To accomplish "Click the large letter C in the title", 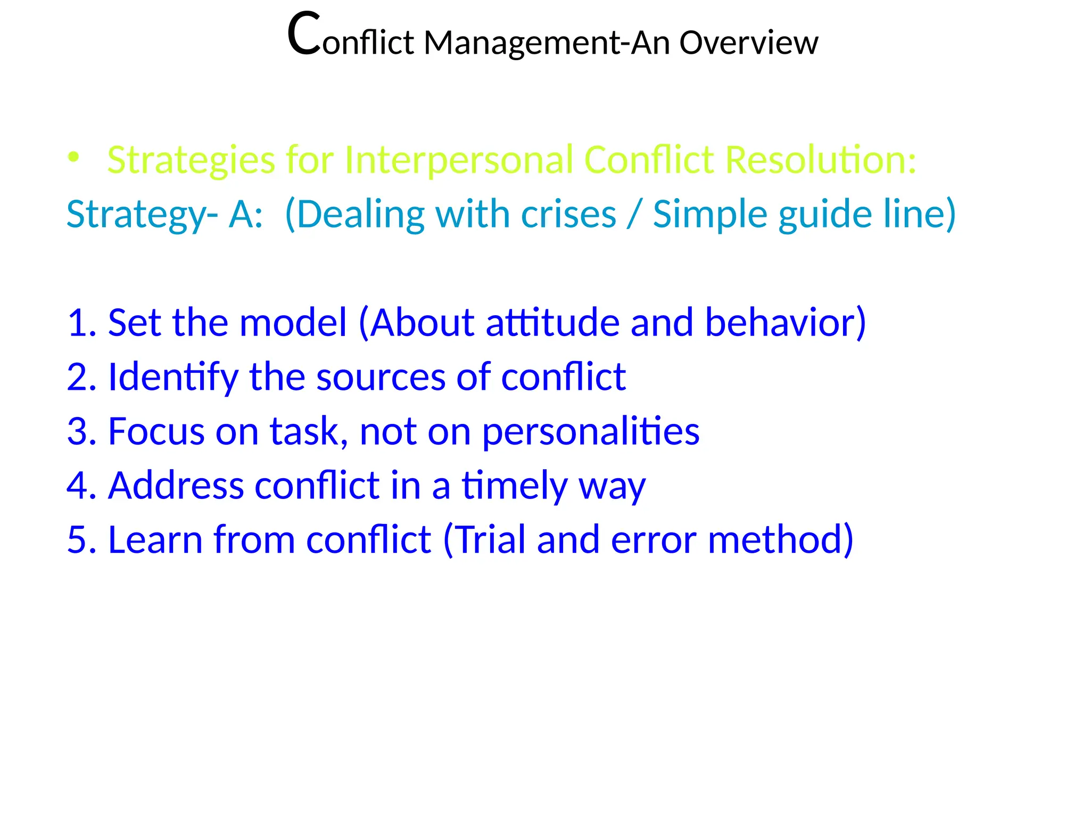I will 304,35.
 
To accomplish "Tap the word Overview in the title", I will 748,43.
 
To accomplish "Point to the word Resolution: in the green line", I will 821,160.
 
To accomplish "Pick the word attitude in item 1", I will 552,323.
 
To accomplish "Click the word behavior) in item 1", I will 785,323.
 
